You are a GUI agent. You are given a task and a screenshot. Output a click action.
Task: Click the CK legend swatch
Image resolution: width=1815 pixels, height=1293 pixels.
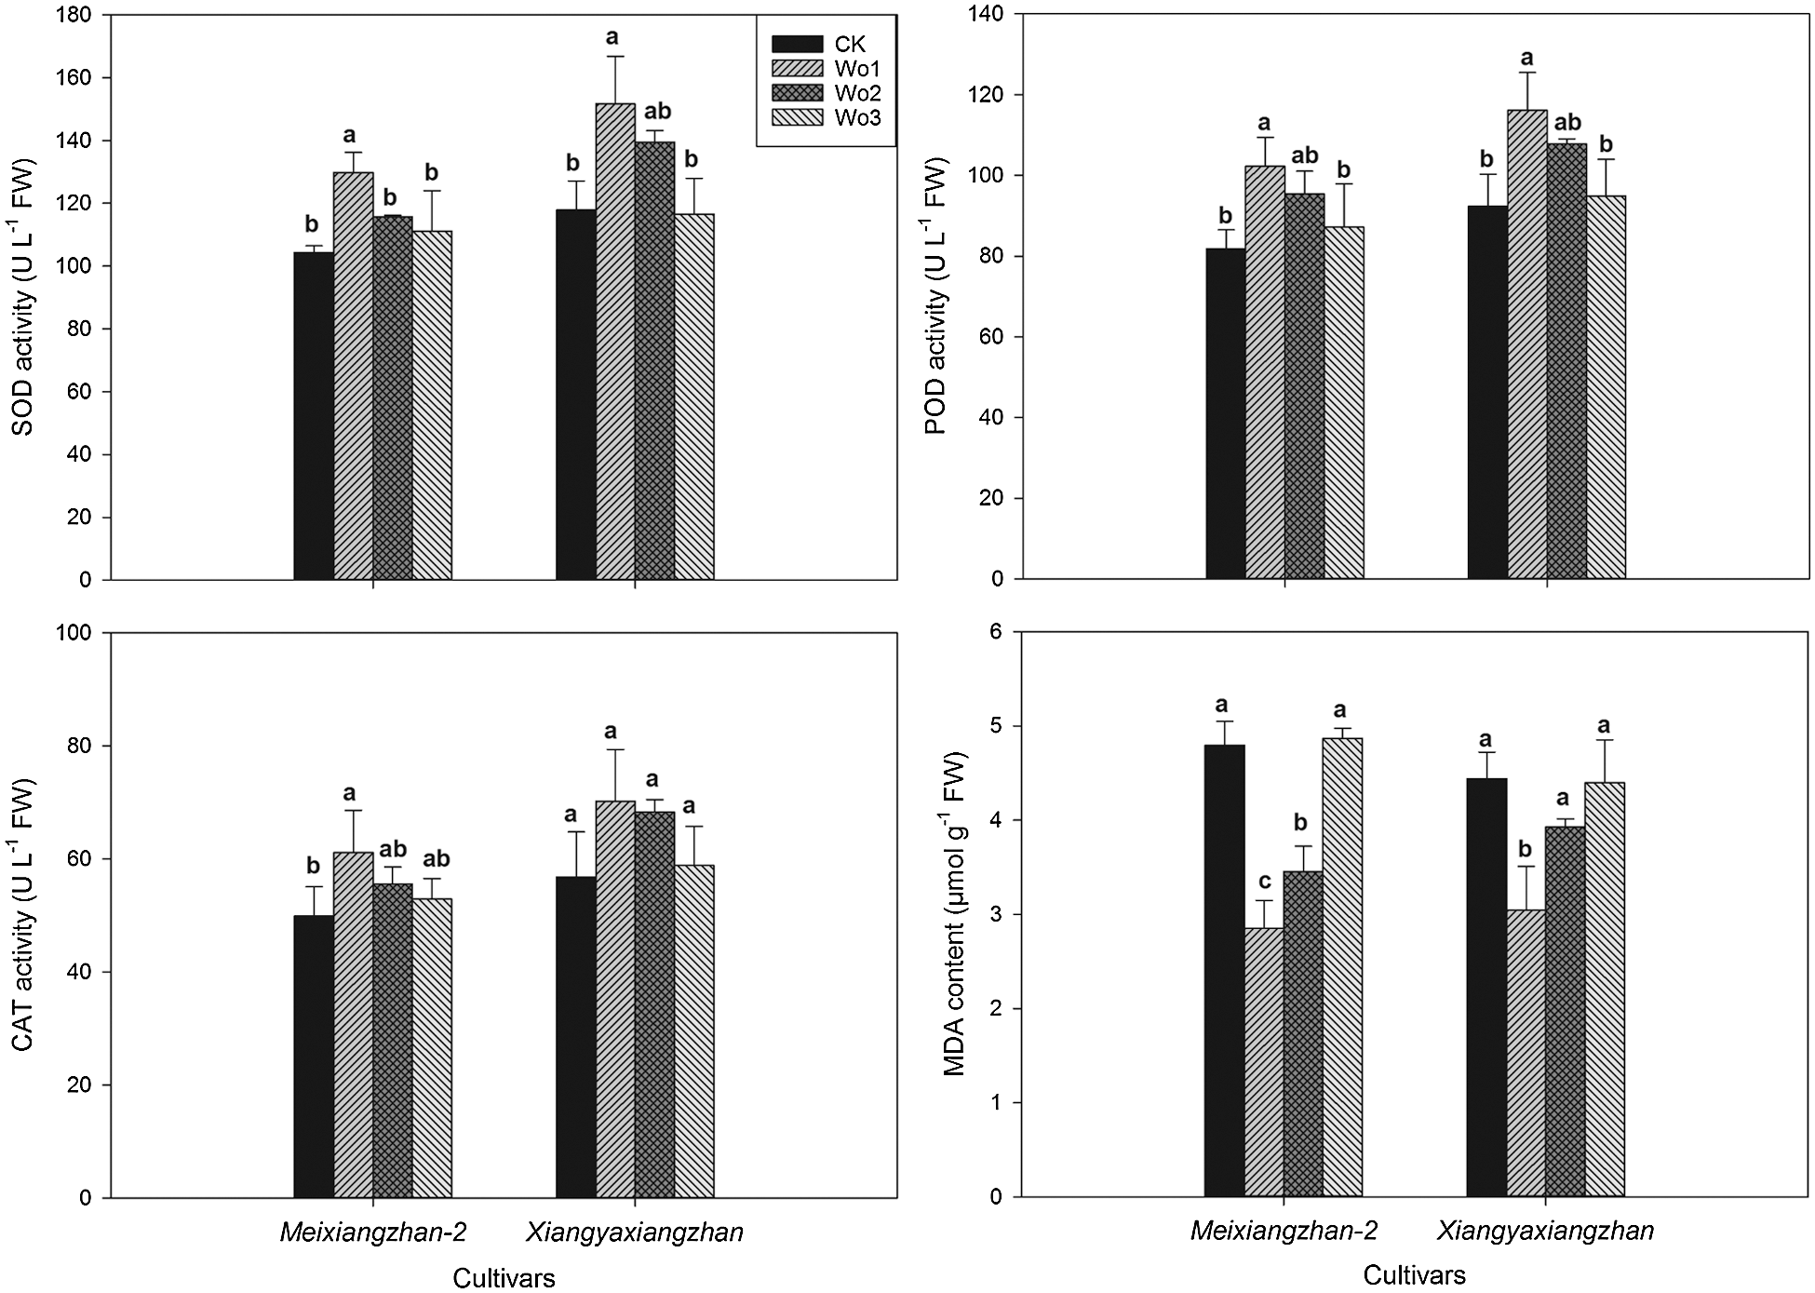pyautogui.click(x=797, y=44)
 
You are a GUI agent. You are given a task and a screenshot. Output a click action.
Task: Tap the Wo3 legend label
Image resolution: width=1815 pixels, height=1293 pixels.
pyautogui.click(x=858, y=117)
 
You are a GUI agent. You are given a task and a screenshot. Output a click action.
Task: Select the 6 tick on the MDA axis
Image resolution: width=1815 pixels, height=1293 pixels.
pyautogui.click(x=997, y=632)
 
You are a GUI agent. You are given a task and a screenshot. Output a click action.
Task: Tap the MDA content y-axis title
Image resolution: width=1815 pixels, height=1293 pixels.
pyautogui.click(x=955, y=914)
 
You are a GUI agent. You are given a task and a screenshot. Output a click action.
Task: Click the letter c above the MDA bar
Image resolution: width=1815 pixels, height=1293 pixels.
pyautogui.click(x=1264, y=881)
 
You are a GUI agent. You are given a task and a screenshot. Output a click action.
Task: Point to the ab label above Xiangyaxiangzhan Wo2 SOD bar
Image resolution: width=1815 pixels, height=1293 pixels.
pyautogui.click(x=657, y=112)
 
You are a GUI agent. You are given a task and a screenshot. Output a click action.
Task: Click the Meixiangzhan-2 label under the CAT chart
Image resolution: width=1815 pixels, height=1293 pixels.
pyautogui.click(x=372, y=1232)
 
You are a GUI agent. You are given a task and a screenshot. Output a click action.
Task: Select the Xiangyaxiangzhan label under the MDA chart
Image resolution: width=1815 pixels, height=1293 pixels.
pyautogui.click(x=1545, y=1231)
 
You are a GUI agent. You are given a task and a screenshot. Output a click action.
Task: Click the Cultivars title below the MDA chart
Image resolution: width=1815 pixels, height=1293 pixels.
pyautogui.click(x=1414, y=1275)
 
